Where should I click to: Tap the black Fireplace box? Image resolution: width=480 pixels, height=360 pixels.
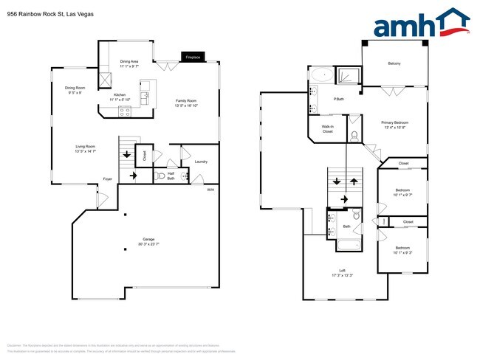coord(193,56)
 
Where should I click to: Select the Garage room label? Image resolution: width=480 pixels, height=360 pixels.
coord(148,241)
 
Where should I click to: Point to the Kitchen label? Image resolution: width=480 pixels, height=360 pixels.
coord(120,97)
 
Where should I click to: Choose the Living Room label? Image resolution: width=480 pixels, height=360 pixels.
coord(86,148)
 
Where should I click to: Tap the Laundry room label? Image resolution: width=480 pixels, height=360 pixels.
coord(200,162)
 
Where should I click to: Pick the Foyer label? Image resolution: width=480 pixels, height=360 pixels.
coord(107,179)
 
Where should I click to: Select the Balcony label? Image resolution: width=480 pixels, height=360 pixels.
coord(394,63)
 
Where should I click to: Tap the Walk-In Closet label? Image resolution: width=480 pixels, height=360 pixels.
coord(328,128)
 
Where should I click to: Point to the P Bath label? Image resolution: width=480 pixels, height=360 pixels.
coord(340,98)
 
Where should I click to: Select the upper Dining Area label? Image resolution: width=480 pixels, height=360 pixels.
coord(130,63)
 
